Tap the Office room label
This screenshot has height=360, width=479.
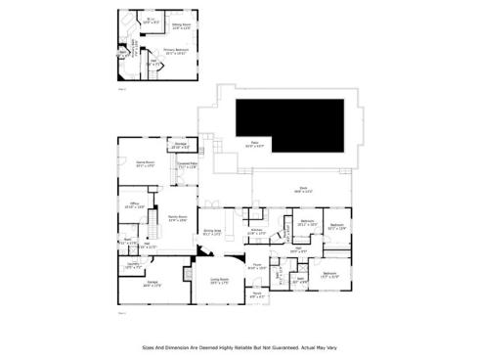coord(135,205)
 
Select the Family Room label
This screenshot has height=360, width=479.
coord(177,218)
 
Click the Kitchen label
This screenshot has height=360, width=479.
coord(256,232)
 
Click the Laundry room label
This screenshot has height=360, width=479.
coord(134,265)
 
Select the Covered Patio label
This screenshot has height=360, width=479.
coord(188,165)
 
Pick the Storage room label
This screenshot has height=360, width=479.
coord(180,146)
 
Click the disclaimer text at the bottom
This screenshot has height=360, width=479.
coord(239,345)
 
